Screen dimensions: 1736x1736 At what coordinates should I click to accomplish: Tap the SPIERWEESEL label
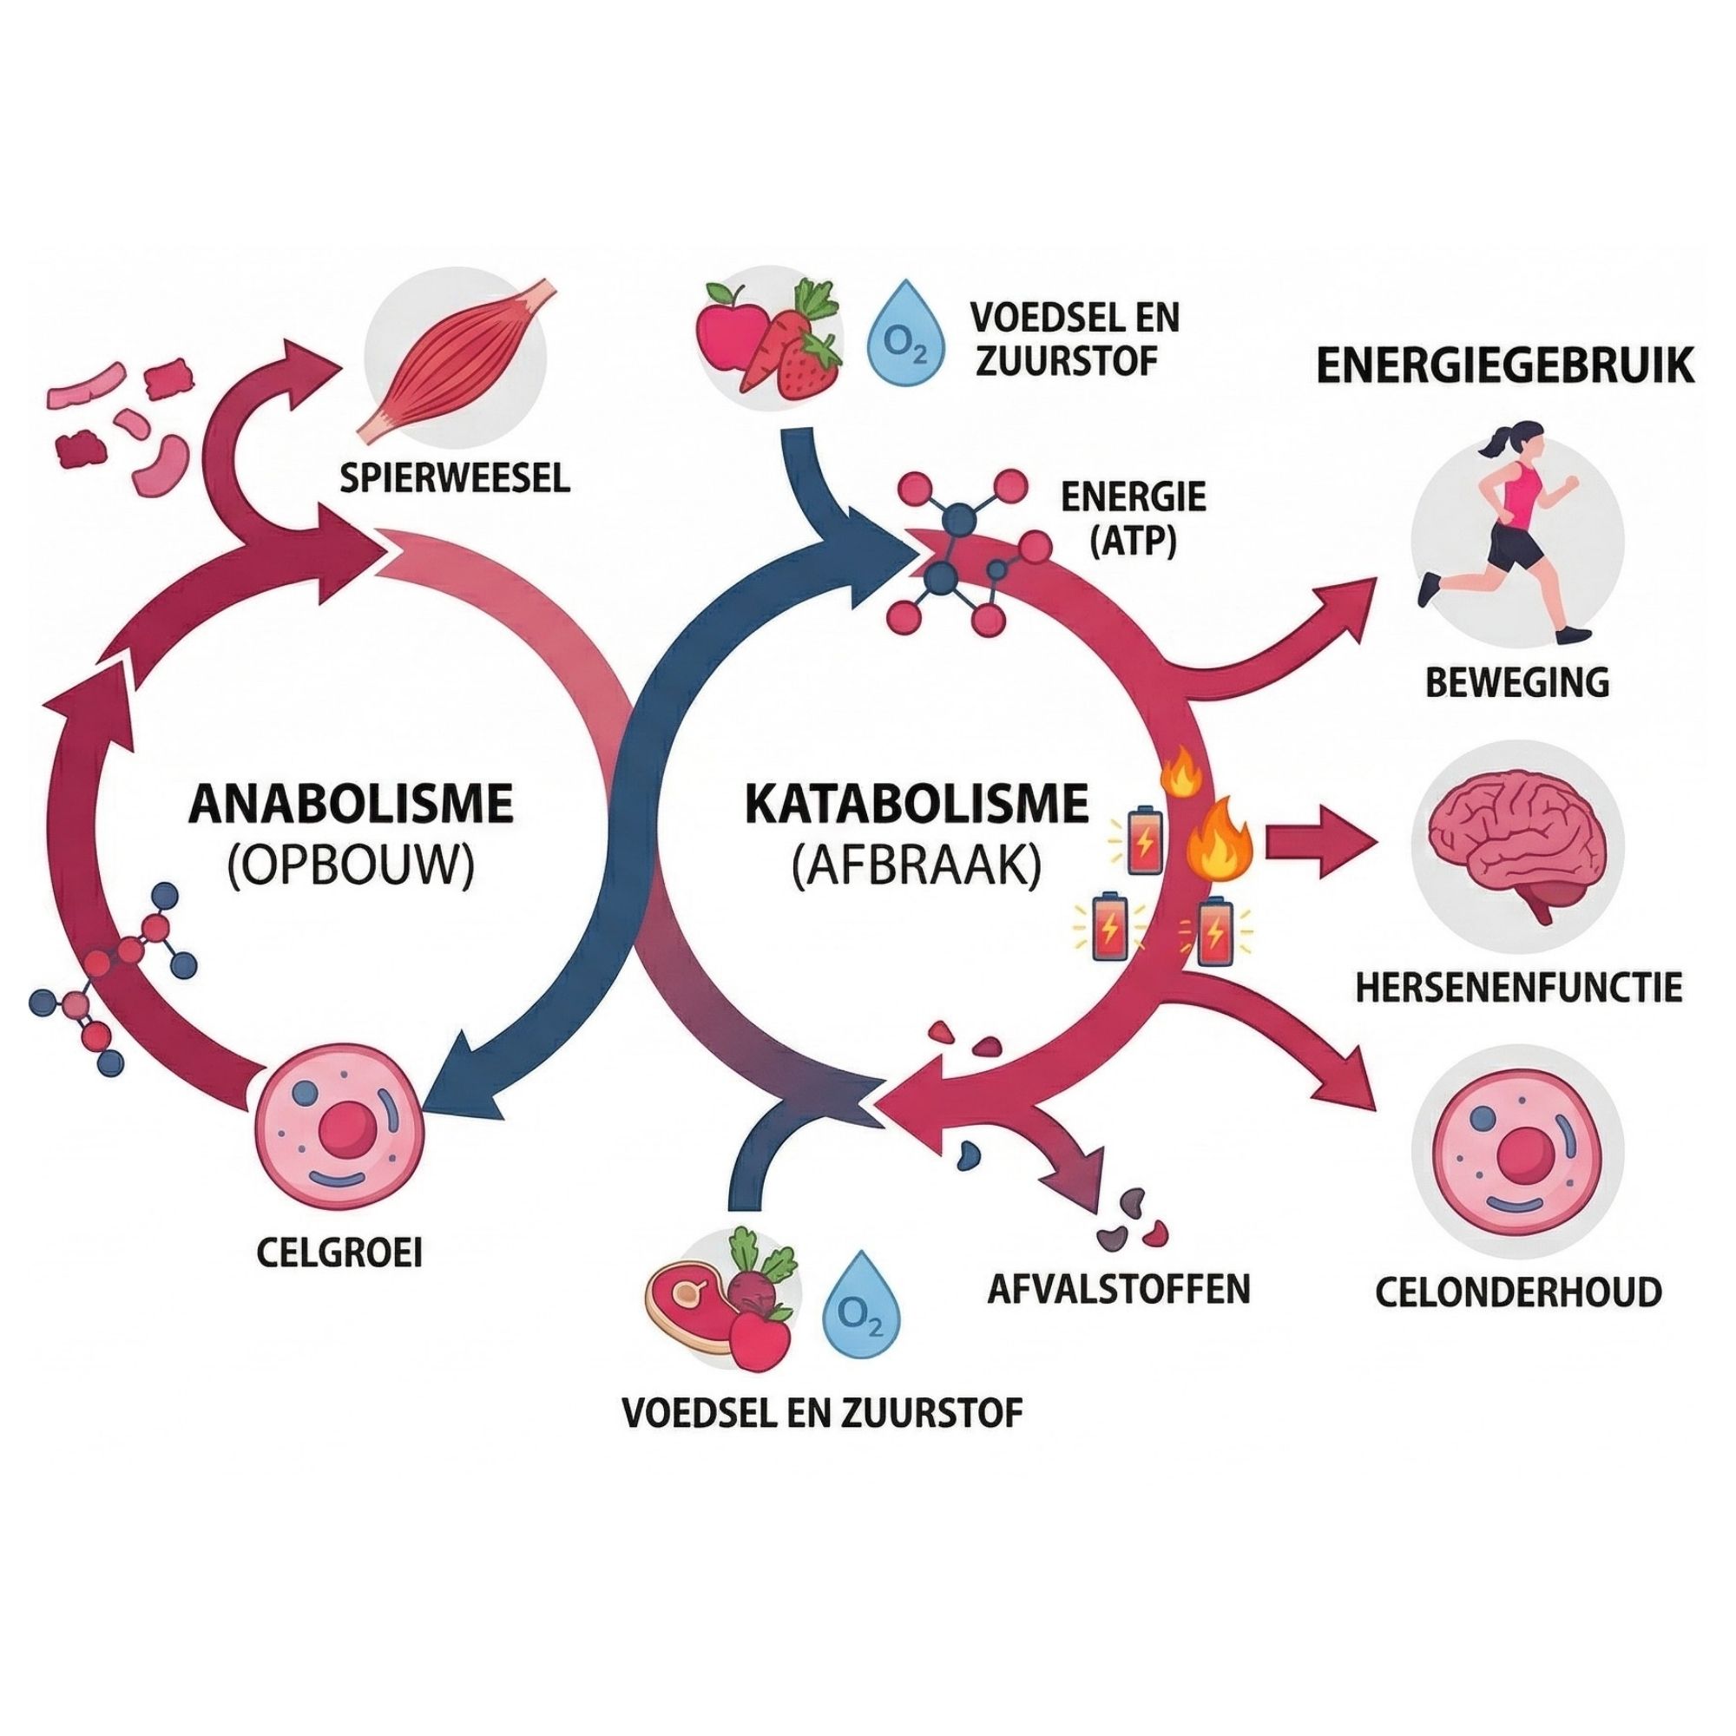pos(456,478)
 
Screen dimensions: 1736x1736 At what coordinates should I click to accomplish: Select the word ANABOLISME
pos(351,805)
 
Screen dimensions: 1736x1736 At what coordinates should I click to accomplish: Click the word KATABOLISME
pos(917,805)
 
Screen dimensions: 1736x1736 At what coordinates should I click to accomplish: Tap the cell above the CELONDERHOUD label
pos(1516,1152)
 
